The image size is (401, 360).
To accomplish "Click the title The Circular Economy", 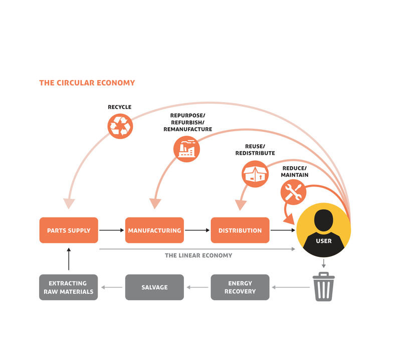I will (87, 83).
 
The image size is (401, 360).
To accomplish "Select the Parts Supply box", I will (69, 230).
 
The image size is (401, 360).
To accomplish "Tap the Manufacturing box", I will (154, 230).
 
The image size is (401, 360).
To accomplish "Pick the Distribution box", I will (240, 230).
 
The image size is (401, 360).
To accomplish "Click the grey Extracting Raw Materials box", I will (69, 287).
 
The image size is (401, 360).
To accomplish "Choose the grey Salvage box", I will (154, 287).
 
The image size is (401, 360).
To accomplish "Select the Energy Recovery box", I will (240, 287).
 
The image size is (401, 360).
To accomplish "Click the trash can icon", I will (324, 287).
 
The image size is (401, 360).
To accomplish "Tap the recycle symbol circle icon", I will (120, 126).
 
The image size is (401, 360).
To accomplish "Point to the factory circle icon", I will (186, 149).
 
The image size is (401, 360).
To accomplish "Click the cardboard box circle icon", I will (255, 174).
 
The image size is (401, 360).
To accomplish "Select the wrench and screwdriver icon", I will (294, 192).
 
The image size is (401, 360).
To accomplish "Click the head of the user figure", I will (324, 219).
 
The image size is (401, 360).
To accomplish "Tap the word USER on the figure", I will (324, 241).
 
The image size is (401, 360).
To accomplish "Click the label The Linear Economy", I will (198, 255).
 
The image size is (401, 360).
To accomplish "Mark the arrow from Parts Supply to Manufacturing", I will (111, 230).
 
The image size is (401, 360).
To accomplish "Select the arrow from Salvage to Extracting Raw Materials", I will (111, 287).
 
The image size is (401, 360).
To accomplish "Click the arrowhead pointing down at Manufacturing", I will (155, 203).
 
